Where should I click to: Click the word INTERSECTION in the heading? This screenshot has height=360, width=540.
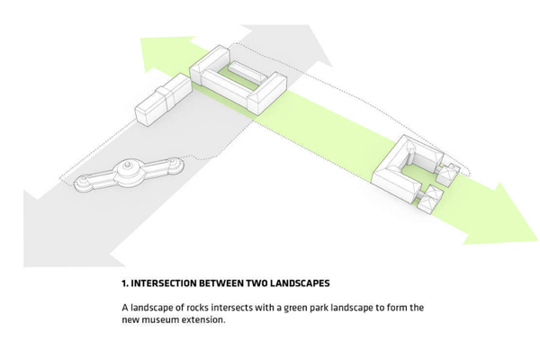pyautogui.click(x=164, y=283)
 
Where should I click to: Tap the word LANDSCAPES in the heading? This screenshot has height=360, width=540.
pyautogui.click(x=300, y=283)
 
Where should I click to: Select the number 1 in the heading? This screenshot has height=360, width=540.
pyautogui.click(x=125, y=283)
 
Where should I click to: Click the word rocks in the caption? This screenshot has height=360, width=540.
pyautogui.click(x=197, y=307)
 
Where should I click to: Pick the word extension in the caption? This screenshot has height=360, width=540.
pyautogui.click(x=203, y=319)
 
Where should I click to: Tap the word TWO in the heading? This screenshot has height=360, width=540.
pyautogui.click(x=256, y=283)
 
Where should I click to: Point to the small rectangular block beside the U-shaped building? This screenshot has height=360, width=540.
pyautogui.click(x=163, y=101)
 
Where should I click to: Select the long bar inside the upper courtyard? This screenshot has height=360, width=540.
pyautogui.click(x=245, y=73)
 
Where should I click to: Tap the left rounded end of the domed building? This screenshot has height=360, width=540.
pyautogui.click(x=84, y=182)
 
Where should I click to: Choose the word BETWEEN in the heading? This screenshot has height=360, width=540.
pyautogui.click(x=221, y=283)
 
